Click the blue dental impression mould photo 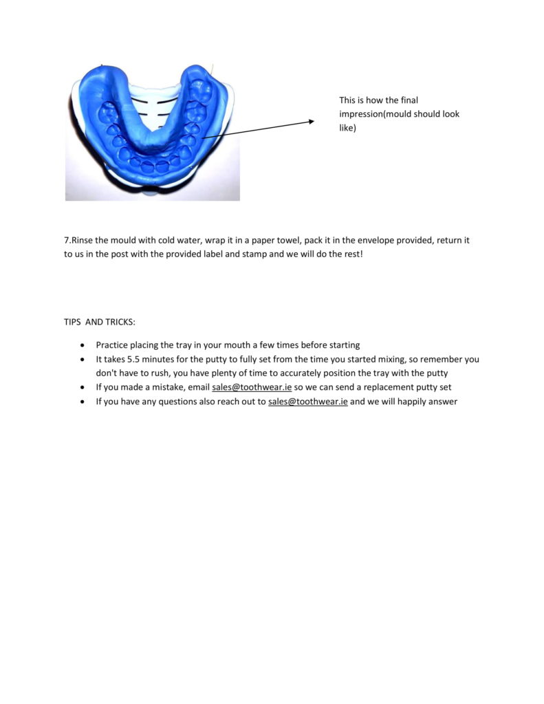(153, 132)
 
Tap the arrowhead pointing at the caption (310, 122)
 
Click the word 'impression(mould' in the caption (372, 114)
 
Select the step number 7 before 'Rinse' (67, 241)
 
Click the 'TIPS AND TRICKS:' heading (100, 322)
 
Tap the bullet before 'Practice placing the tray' (83, 345)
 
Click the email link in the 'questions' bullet (308, 402)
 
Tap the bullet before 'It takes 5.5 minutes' (83, 360)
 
